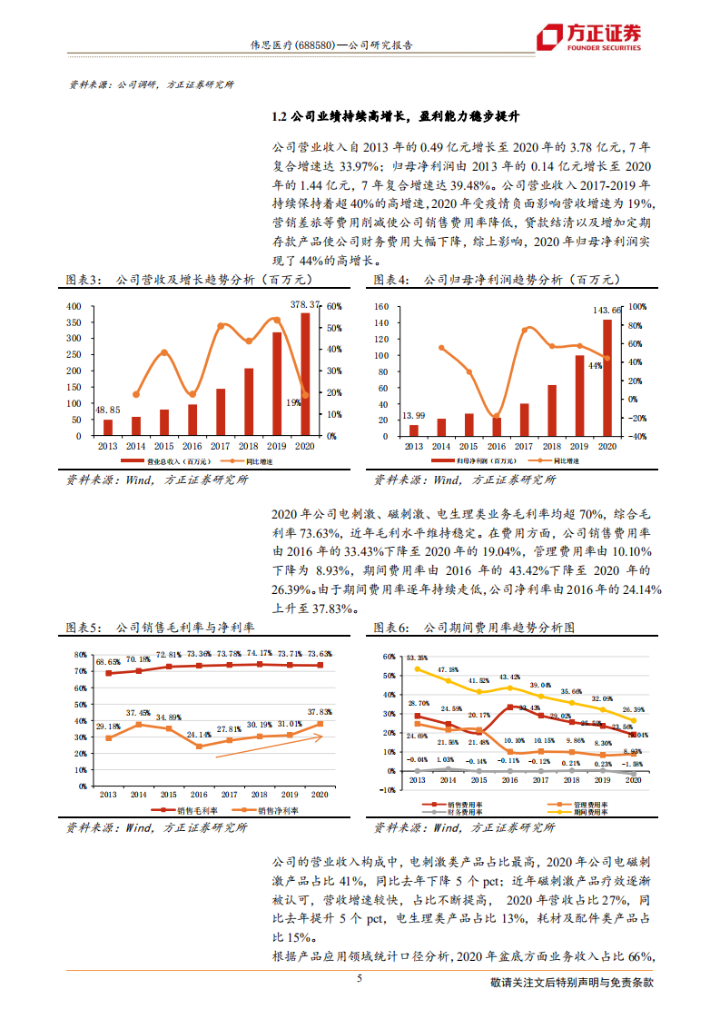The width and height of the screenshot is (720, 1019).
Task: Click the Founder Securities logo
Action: (588, 36)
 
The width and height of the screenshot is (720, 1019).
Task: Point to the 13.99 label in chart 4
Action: (414, 415)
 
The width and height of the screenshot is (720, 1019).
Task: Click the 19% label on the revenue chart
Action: (294, 402)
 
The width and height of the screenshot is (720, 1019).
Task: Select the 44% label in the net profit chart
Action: (595, 365)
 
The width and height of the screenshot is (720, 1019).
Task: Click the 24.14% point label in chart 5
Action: (200, 734)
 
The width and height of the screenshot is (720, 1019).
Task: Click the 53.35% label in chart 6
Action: (417, 658)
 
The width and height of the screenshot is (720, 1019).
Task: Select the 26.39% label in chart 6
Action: (634, 709)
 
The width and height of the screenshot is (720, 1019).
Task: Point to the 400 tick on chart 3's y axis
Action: (74, 306)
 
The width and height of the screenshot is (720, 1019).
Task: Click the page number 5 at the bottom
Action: (360, 978)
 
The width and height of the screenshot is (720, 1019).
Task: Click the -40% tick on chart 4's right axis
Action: (637, 436)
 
